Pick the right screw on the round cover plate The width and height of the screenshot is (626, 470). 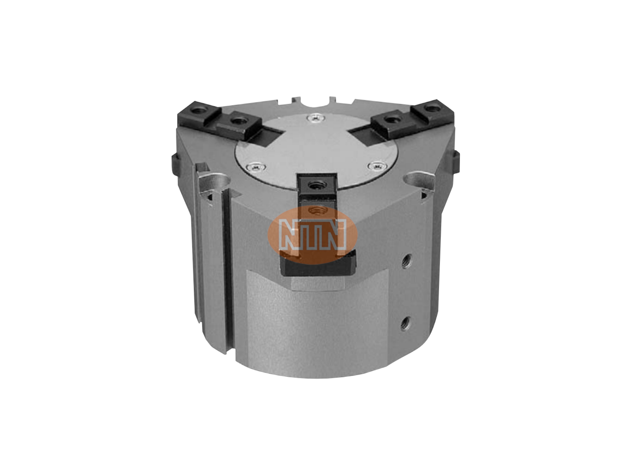[377, 165]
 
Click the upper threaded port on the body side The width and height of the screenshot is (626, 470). [406, 261]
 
